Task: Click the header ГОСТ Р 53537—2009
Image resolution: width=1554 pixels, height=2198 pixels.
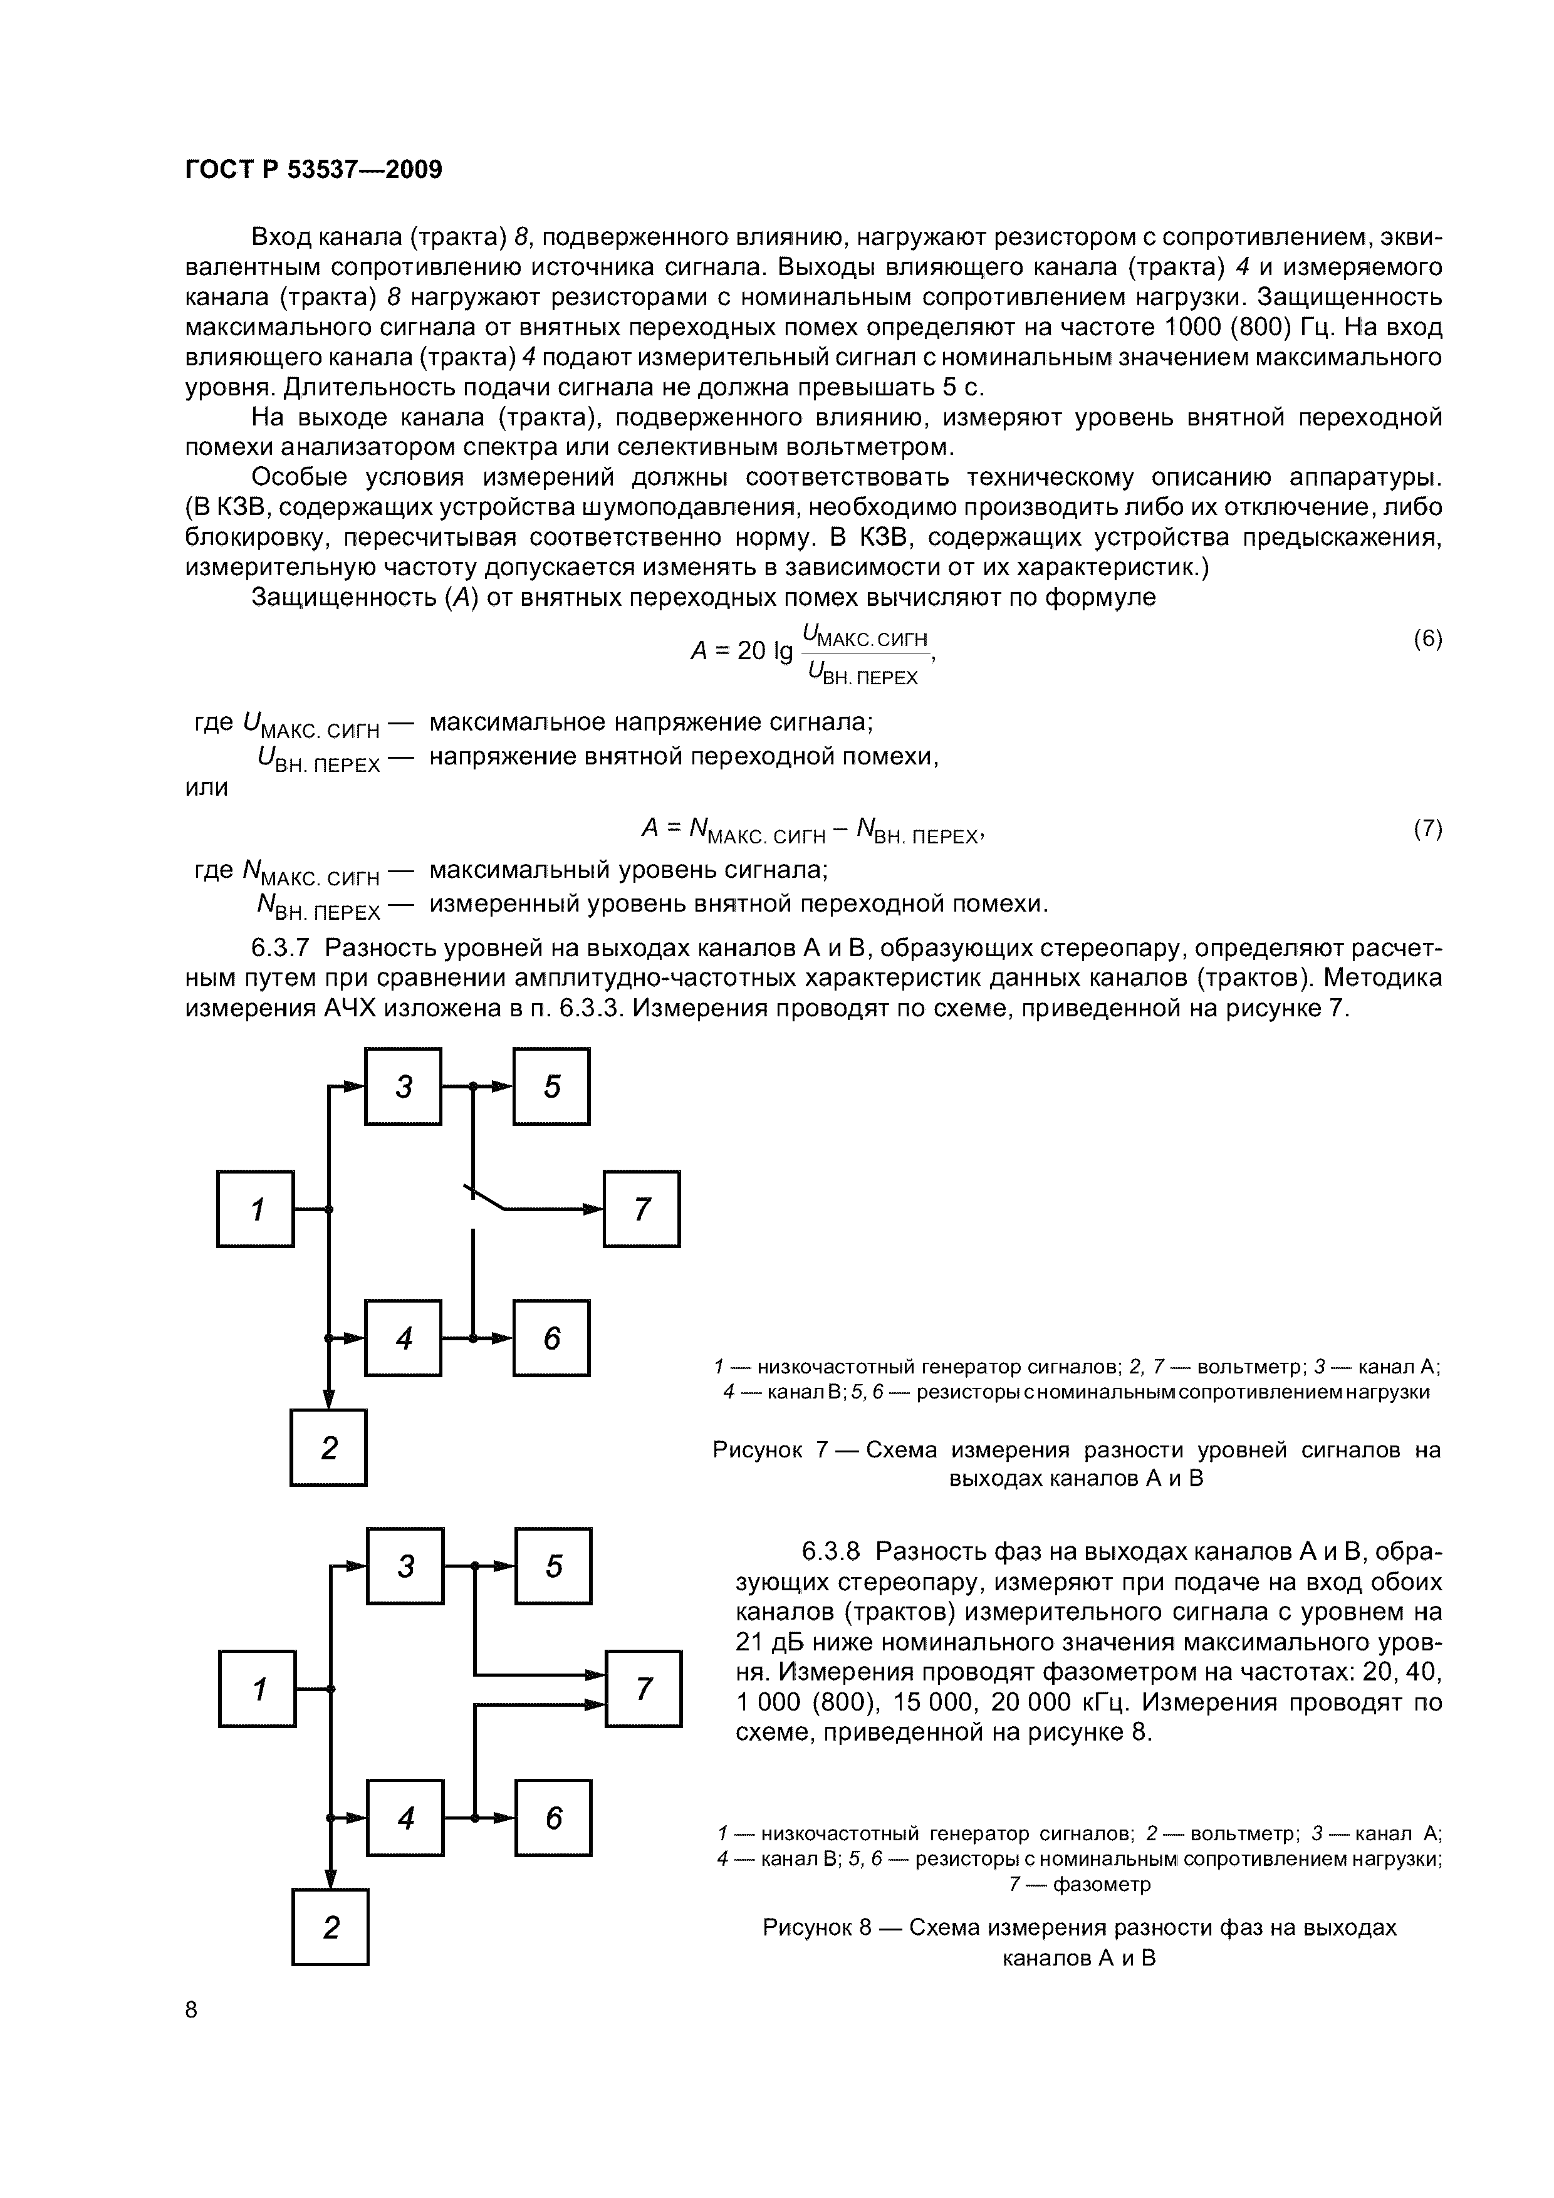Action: tap(313, 170)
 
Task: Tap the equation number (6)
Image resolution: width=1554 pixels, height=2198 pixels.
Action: tap(1427, 640)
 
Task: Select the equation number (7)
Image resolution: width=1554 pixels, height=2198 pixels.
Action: tap(1427, 829)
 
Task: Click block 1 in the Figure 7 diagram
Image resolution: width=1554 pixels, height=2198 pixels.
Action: tap(256, 1209)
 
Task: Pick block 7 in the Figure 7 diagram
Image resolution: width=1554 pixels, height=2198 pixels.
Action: tap(642, 1209)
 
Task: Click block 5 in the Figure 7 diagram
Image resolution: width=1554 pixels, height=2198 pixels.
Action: tap(551, 1086)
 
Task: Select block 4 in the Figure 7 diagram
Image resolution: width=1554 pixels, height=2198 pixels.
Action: tap(403, 1338)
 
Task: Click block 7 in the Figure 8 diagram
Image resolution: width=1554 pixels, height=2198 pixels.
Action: tap(644, 1689)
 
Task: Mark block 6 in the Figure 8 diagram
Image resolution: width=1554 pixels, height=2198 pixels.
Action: tap(553, 1818)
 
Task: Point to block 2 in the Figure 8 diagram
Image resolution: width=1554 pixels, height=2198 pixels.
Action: tap(330, 1927)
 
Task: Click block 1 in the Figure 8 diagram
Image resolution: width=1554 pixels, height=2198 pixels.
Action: tap(258, 1689)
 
